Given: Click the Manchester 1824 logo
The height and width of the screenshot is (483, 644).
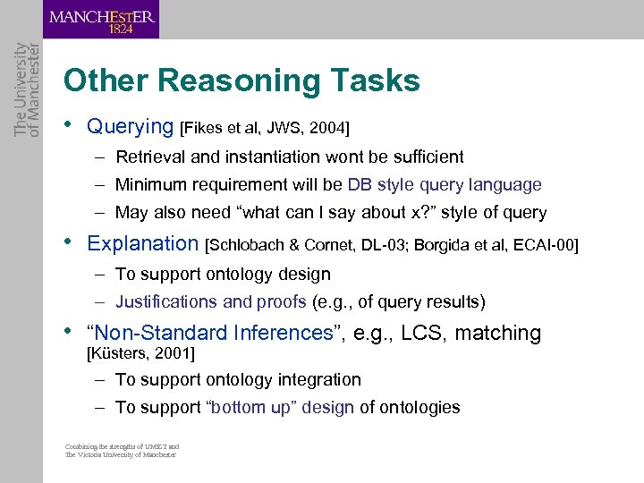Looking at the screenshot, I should (102, 20).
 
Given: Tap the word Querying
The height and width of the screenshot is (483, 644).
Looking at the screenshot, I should (130, 127).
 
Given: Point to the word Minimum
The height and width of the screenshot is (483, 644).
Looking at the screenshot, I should (151, 185).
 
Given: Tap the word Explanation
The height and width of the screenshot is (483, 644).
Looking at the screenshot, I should (143, 243).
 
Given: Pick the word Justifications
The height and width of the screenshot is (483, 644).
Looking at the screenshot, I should (166, 302).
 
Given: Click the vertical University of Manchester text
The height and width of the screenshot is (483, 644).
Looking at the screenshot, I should (28, 89).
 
